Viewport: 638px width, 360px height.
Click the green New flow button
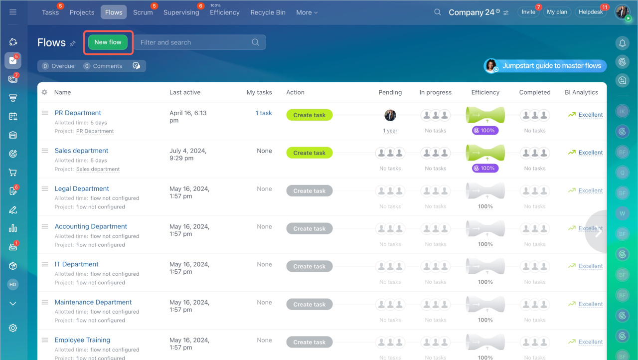tap(108, 42)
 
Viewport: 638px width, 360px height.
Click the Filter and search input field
tap(194, 42)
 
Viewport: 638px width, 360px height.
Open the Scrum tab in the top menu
tap(143, 12)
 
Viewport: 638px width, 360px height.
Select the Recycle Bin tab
tap(268, 12)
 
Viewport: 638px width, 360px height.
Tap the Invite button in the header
tap(528, 12)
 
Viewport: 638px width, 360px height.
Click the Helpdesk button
tap(590, 12)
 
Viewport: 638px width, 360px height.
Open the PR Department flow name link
tap(78, 113)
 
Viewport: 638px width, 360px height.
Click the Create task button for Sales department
tap(309, 153)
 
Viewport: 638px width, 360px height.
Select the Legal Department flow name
tap(82, 188)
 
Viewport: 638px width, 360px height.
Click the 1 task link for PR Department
tap(264, 113)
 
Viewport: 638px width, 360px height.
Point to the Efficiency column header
tap(485, 92)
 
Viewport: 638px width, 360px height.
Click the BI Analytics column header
tap(581, 92)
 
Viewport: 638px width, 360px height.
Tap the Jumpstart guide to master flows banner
tap(546, 66)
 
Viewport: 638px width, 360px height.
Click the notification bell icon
tap(622, 43)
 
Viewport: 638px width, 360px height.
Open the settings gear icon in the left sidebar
tap(13, 328)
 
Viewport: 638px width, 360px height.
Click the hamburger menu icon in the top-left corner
tap(13, 12)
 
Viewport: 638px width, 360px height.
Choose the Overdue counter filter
tap(58, 66)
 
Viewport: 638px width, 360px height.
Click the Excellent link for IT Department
tap(591, 266)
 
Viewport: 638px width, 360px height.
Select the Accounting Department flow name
tap(91, 226)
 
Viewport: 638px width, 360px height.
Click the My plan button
tap(557, 12)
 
